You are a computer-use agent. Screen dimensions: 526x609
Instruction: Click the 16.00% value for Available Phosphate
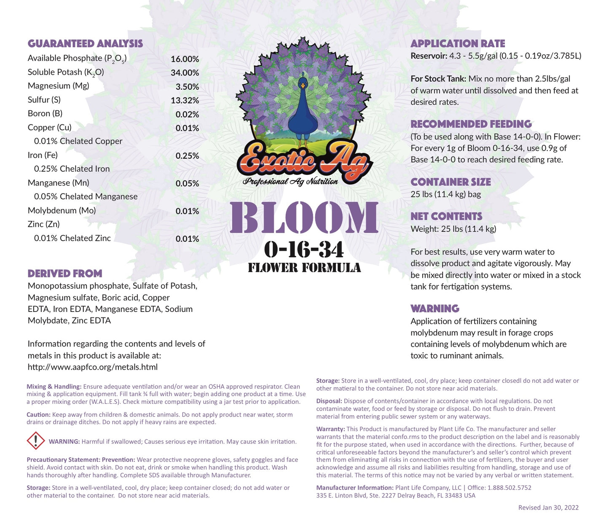(x=185, y=59)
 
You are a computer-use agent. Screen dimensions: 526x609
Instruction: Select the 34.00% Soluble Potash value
(x=185, y=73)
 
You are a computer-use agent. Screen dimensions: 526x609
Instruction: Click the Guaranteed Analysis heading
(x=85, y=44)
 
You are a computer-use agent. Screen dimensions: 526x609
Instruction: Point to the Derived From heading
(x=65, y=274)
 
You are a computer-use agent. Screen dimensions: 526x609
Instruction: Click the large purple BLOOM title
(x=304, y=218)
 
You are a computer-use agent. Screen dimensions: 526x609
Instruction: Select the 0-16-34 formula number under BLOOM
(x=304, y=250)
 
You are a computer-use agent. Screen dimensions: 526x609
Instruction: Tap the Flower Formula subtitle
(x=304, y=268)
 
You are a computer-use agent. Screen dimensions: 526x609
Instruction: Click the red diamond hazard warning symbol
(x=36, y=440)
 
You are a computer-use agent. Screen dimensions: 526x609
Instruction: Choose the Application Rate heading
(x=458, y=44)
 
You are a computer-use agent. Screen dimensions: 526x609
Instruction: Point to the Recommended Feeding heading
(x=471, y=124)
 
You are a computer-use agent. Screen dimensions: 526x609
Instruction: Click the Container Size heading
(x=451, y=182)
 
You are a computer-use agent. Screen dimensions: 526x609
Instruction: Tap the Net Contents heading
(x=446, y=217)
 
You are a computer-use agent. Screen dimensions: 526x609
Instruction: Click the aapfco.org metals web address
(x=93, y=367)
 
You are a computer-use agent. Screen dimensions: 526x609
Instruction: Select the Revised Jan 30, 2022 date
(x=548, y=507)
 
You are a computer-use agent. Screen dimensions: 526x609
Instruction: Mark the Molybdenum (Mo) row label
(x=62, y=210)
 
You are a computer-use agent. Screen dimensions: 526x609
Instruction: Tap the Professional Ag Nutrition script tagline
(x=290, y=182)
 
